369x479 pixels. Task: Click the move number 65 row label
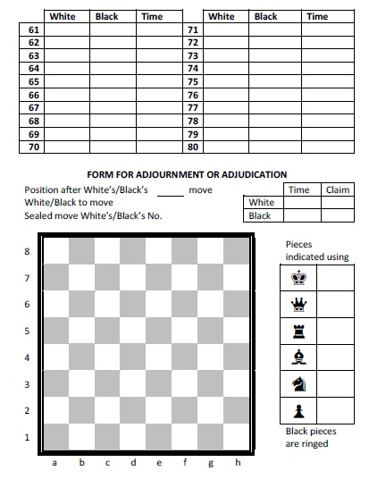pyautogui.click(x=34, y=81)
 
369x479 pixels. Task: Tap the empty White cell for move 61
pyautogui.click(x=67, y=29)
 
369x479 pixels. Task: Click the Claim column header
pyautogui.click(x=337, y=189)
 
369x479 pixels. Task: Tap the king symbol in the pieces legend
pyautogui.click(x=299, y=277)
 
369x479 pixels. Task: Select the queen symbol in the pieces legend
pyautogui.click(x=299, y=304)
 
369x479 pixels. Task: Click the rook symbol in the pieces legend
pyautogui.click(x=299, y=330)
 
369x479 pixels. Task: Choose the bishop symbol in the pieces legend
pyautogui.click(x=299, y=357)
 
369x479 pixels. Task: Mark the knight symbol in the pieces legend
pyautogui.click(x=299, y=383)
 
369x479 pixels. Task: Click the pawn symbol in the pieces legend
pyautogui.click(x=299, y=410)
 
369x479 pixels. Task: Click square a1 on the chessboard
pyautogui.click(x=56, y=437)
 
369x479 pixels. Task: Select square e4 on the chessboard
pyautogui.click(x=160, y=357)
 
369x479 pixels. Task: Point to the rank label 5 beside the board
pyautogui.click(x=27, y=332)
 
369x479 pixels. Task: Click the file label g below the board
pyautogui.click(x=212, y=463)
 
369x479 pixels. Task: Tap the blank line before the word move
pyautogui.click(x=170, y=191)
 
